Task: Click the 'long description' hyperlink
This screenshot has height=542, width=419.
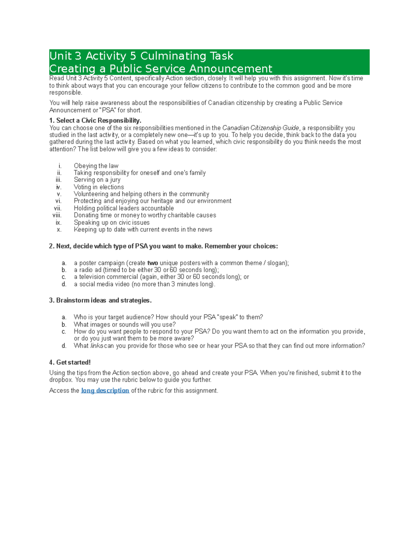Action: [x=105, y=391]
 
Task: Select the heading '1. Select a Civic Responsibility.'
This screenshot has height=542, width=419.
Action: [x=95, y=120]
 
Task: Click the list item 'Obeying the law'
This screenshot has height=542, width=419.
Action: [x=96, y=166]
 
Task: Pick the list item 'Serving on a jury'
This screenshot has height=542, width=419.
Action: [x=97, y=180]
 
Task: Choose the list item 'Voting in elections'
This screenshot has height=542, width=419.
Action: [x=99, y=187]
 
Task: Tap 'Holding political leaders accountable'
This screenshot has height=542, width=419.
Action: [x=124, y=208]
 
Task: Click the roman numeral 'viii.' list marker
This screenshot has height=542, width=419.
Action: [x=57, y=215]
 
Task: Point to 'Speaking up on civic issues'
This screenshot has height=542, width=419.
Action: [x=112, y=223]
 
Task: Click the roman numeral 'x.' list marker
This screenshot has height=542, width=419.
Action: [x=59, y=230]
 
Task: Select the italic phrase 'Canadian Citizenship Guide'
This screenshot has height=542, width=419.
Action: [x=260, y=128]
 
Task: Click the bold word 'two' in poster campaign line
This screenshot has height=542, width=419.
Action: [x=153, y=263]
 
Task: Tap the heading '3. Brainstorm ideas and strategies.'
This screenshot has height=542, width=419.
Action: [x=101, y=300]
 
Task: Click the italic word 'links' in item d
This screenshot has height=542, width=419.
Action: [x=97, y=346]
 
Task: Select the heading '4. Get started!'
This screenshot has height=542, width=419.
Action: [x=70, y=362]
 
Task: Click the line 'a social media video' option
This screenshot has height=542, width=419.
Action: [x=145, y=284]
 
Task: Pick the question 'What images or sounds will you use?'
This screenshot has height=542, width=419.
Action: [x=125, y=325]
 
